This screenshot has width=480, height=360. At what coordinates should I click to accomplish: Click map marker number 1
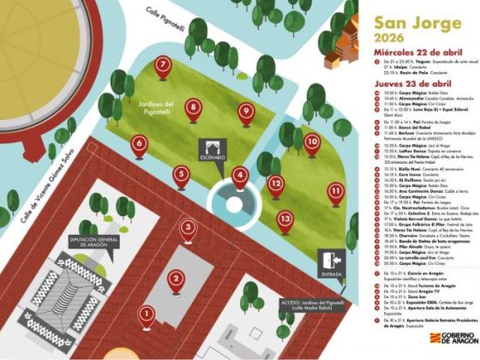pos(147,314)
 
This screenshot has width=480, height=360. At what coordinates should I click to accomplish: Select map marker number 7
pos(162,65)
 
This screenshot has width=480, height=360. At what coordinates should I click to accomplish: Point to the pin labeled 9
pos(246,110)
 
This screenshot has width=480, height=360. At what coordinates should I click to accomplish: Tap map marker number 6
pos(140,144)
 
